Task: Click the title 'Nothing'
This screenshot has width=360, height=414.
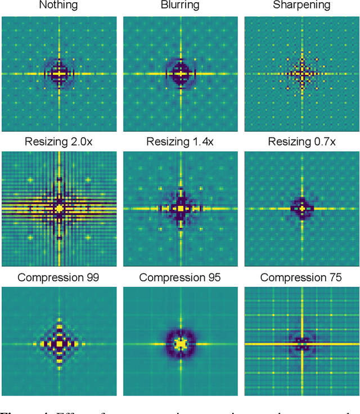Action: pyautogui.click(x=59, y=6)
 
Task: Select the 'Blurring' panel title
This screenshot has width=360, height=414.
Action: pyautogui.click(x=181, y=6)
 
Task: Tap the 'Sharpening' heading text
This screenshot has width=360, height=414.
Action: pyautogui.click(x=302, y=6)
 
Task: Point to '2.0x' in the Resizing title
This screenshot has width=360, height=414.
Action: pyautogui.click(x=81, y=142)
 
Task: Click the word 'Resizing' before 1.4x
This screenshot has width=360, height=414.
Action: pyautogui.click(x=168, y=142)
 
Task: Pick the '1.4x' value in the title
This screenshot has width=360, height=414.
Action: pyautogui.click(x=202, y=142)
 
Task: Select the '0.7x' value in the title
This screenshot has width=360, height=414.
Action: pyautogui.click(x=324, y=142)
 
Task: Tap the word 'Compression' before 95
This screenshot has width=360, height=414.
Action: pyautogui.click(x=169, y=277)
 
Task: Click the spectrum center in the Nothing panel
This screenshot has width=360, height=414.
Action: pyautogui.click(x=59, y=73)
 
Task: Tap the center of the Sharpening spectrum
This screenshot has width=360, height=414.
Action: pyautogui.click(x=302, y=73)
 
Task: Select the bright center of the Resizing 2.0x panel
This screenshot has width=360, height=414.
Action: pyautogui.click(x=59, y=208)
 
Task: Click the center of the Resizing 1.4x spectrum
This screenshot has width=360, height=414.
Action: pyautogui.click(x=181, y=208)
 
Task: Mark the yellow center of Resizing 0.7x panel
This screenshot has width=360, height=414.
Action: pyautogui.click(x=302, y=208)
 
